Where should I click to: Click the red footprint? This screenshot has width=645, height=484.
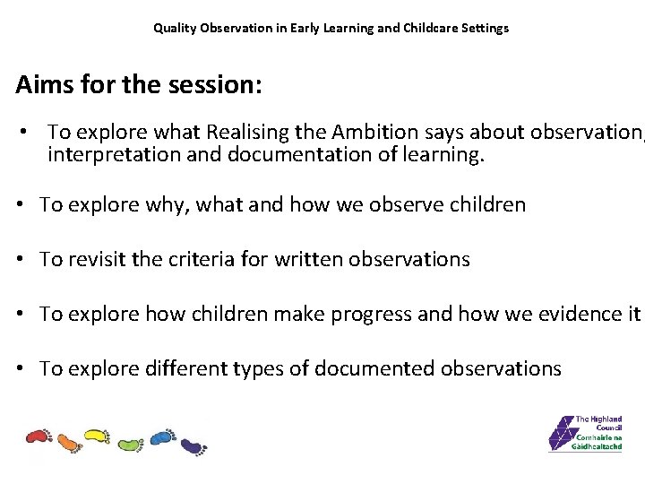point(39,437)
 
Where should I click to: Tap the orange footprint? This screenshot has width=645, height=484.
point(69,441)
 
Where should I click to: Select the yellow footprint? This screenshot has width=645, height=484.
point(97,436)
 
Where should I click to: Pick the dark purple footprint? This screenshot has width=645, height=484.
point(193,445)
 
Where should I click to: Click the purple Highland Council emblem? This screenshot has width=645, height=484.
point(562,434)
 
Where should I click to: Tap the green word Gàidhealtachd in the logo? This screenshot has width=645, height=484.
point(598,445)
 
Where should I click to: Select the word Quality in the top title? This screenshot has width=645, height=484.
point(174,28)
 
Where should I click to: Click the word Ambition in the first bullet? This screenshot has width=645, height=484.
point(375,132)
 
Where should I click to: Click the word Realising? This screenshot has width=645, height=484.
point(246,132)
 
